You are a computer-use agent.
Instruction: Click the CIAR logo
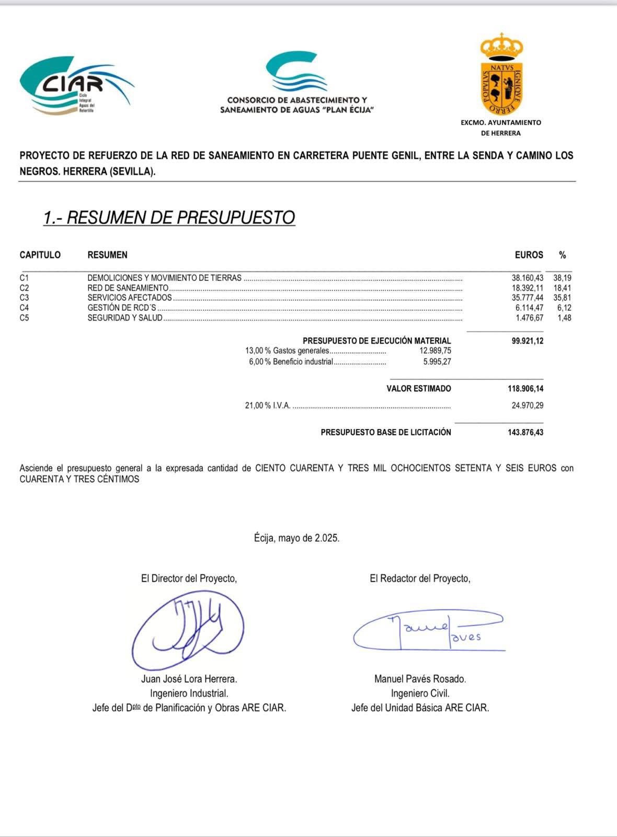(x=76, y=84)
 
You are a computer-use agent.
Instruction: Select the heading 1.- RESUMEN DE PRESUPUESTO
(x=169, y=217)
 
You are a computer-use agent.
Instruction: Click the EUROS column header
(x=529, y=255)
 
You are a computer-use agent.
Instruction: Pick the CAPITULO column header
(x=40, y=255)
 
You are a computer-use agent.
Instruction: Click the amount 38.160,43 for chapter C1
(x=527, y=278)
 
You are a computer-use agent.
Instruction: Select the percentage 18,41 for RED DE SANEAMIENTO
(x=562, y=288)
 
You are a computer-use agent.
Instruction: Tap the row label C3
(x=24, y=298)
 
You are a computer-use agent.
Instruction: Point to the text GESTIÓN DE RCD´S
(x=121, y=308)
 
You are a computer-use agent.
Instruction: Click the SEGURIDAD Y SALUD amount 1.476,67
(x=529, y=318)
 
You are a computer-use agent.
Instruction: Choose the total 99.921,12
(x=527, y=341)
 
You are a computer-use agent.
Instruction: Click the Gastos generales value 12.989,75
(x=435, y=351)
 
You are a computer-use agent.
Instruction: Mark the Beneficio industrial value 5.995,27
(x=437, y=362)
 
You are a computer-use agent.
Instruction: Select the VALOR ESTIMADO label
(x=418, y=389)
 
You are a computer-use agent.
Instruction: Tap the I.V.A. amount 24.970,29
(x=527, y=405)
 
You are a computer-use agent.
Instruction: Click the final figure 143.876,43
(x=525, y=433)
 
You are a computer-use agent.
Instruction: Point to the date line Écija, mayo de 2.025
(x=296, y=538)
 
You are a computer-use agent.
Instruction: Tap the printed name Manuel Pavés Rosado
(x=420, y=679)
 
